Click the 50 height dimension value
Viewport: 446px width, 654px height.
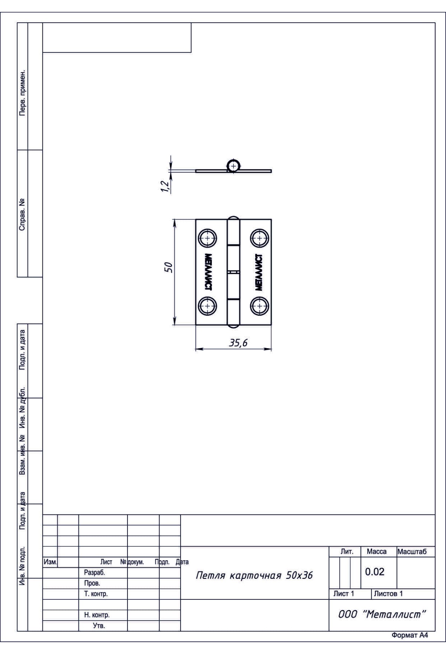point(169,267)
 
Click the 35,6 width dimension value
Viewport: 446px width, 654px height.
point(238,343)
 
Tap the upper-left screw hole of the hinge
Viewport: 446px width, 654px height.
point(207,237)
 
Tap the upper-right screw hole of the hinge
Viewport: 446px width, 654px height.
point(259,237)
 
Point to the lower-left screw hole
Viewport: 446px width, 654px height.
point(207,306)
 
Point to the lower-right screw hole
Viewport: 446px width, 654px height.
point(259,306)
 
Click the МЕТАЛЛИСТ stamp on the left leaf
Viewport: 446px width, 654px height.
point(208,272)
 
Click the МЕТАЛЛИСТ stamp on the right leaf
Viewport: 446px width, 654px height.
point(259,272)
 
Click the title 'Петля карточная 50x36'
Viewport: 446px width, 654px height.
point(254,576)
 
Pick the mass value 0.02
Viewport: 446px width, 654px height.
point(375,572)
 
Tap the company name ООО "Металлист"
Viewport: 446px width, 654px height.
point(381,614)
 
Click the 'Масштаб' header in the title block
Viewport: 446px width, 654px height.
point(412,551)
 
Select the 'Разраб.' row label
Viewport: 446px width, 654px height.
point(94,573)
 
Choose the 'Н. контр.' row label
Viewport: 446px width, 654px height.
point(97,615)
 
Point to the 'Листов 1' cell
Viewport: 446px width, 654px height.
point(388,593)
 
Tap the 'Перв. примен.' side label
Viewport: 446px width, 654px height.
point(22,92)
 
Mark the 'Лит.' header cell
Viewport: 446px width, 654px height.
point(347,551)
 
